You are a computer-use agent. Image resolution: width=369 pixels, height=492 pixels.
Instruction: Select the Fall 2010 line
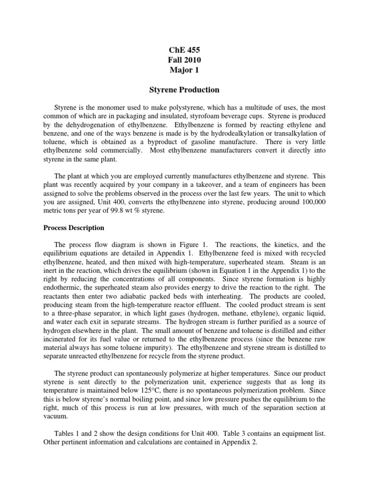(x=185, y=60)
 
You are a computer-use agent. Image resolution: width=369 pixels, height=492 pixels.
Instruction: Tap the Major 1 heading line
(x=185, y=71)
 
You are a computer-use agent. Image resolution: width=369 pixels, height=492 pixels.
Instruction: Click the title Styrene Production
(x=185, y=90)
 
